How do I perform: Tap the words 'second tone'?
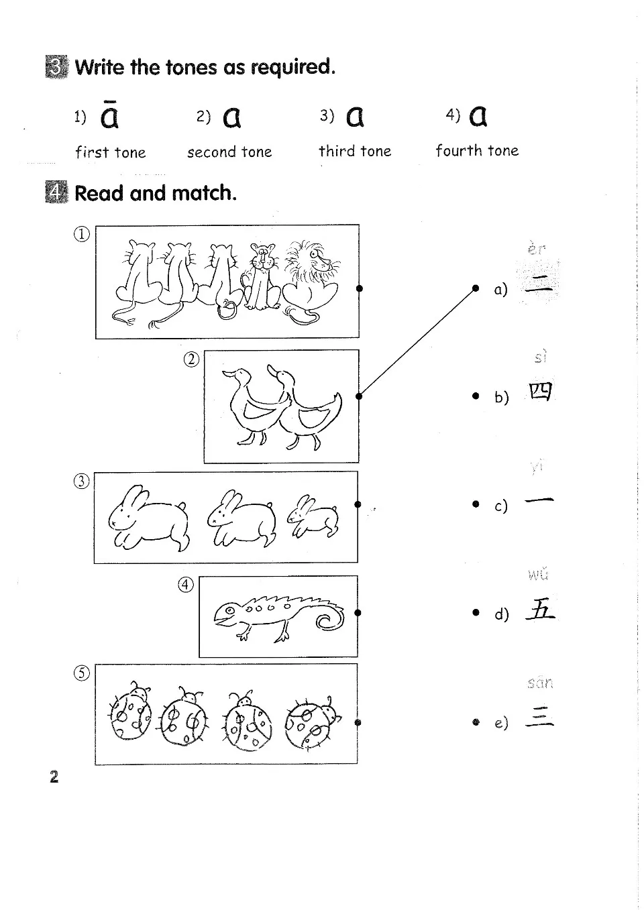point(229,152)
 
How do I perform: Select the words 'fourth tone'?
point(477,151)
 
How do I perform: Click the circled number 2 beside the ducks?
point(192,359)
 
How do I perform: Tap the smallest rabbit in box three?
point(314,517)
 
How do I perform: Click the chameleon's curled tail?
point(329,620)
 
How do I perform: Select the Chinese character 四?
point(541,392)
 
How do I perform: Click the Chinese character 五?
point(541,610)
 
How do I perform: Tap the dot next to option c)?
point(476,504)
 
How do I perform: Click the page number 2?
point(54,777)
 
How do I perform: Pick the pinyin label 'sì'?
point(541,357)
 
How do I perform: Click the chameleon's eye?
point(229,611)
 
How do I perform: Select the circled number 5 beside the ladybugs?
point(82,674)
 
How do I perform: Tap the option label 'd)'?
point(502,614)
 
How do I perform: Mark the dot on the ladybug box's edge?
point(358,722)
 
